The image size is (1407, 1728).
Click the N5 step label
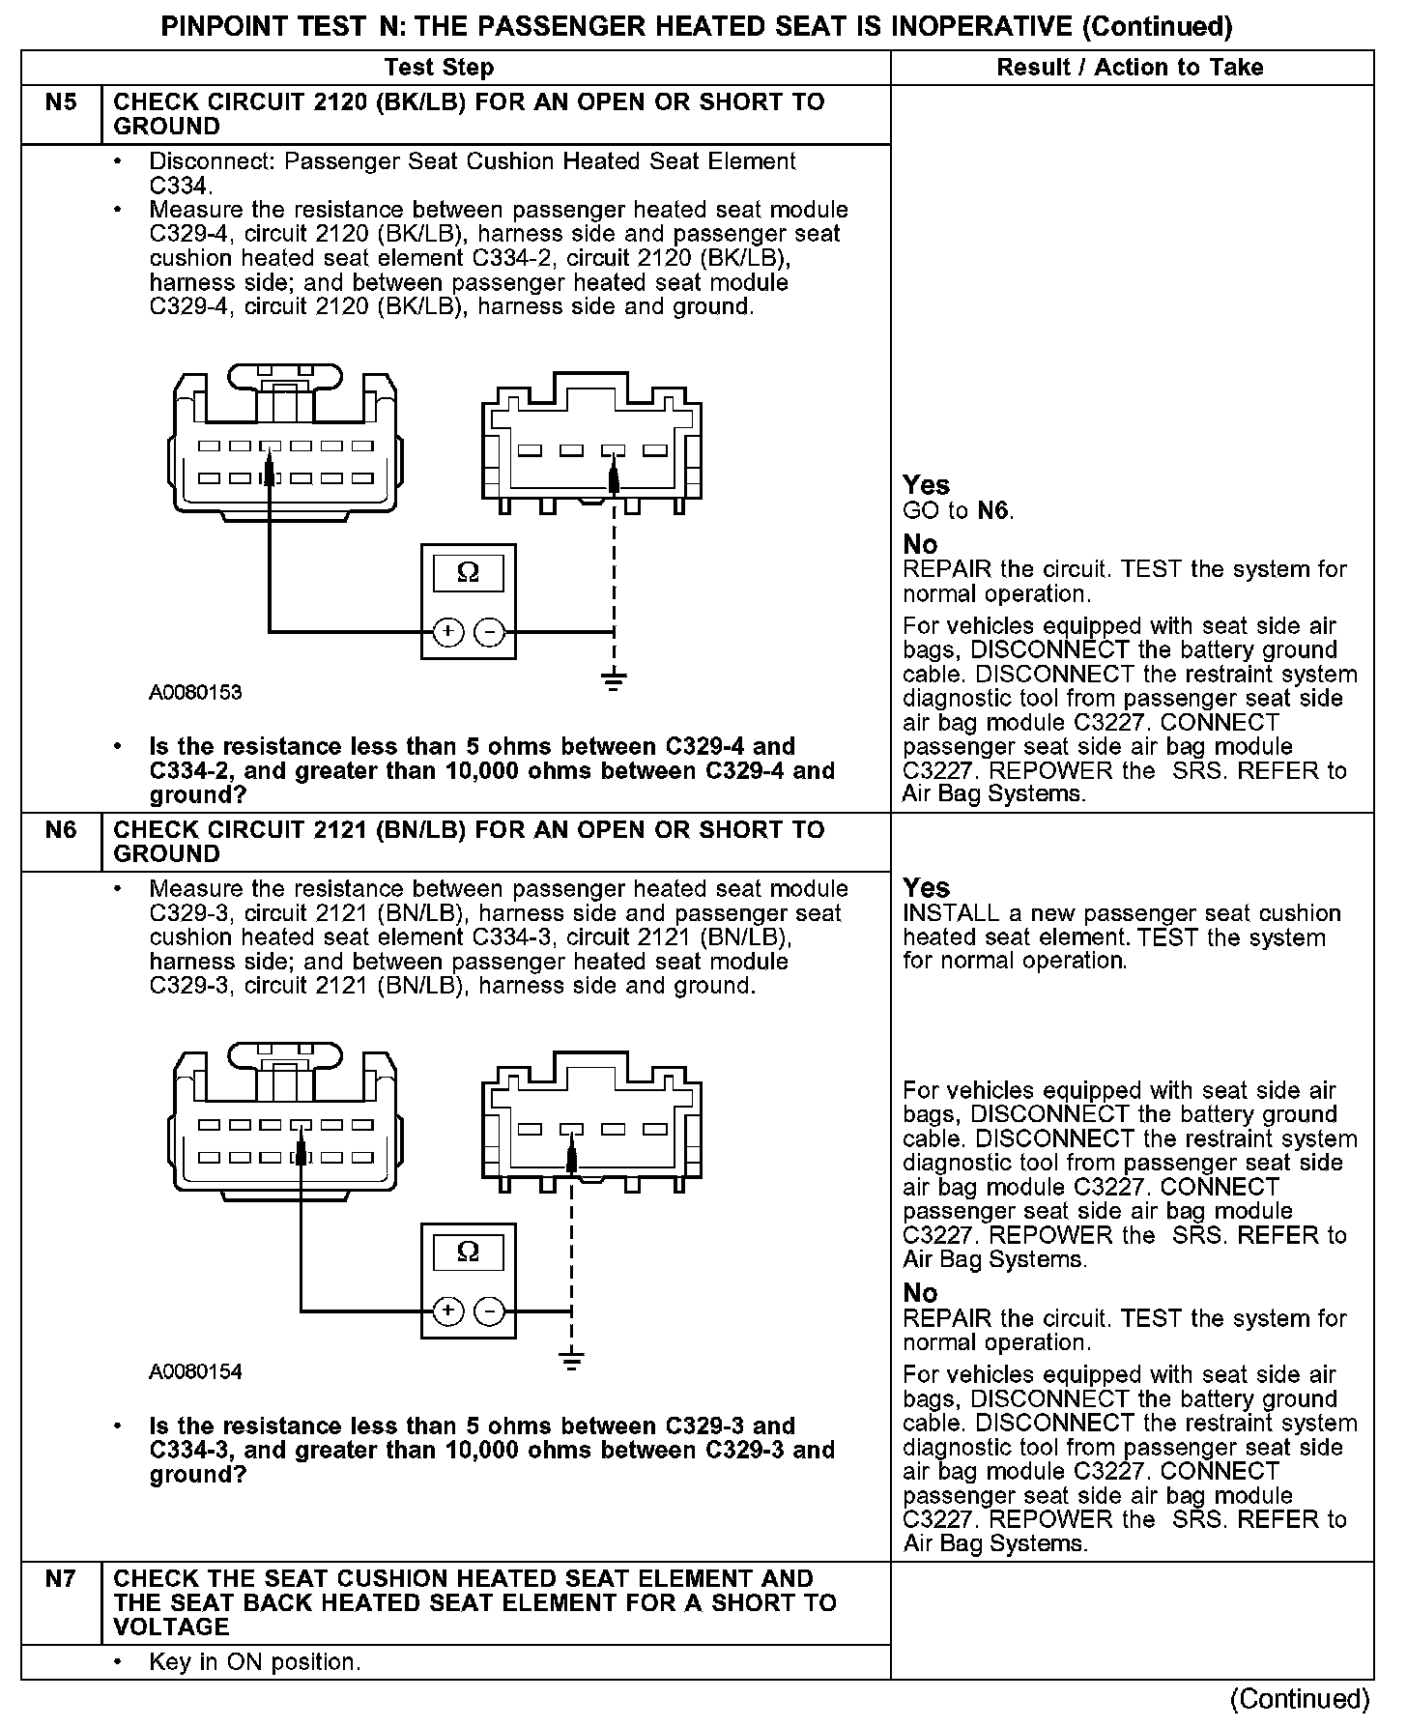pyautogui.click(x=61, y=102)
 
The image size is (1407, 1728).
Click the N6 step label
pyautogui.click(x=61, y=830)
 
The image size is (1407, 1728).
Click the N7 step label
pyautogui.click(x=61, y=1579)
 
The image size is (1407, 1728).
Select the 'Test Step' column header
pyautogui.click(x=439, y=68)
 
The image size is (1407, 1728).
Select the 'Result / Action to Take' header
pyautogui.click(x=1130, y=68)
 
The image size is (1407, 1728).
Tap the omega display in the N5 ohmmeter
pyautogui.click(x=468, y=573)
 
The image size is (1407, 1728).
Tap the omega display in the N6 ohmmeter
pyautogui.click(x=468, y=1253)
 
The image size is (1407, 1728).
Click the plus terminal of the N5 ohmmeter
pyautogui.click(x=447, y=632)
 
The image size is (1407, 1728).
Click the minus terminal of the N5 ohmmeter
pyautogui.click(x=490, y=632)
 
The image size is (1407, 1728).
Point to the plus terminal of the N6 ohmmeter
pyautogui.click(x=447, y=1311)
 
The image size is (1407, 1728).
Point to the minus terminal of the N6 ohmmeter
pyautogui.click(x=490, y=1311)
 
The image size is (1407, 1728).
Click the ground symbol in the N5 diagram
pyautogui.click(x=614, y=680)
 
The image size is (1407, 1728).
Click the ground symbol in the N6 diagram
pyautogui.click(x=572, y=1361)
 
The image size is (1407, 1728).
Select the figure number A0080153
pyautogui.click(x=195, y=693)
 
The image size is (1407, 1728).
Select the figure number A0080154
pyautogui.click(x=195, y=1372)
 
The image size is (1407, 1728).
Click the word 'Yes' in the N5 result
pyautogui.click(x=926, y=485)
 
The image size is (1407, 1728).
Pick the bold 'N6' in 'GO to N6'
pyautogui.click(x=992, y=510)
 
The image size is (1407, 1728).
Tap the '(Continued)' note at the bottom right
pyautogui.click(x=1300, y=1699)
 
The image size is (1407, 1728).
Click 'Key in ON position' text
pyautogui.click(x=254, y=1662)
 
